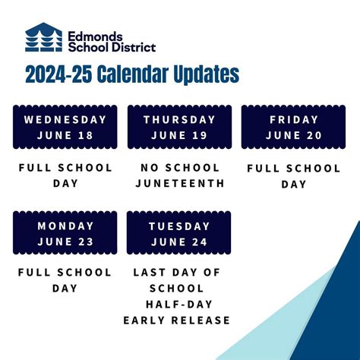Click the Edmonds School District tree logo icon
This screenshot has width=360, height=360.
(44, 37)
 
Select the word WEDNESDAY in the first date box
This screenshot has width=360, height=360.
(65, 120)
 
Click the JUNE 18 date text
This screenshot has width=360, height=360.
(65, 135)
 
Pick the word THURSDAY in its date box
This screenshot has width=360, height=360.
(179, 120)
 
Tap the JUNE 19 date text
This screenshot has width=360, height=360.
(179, 135)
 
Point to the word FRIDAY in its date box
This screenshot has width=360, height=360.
(294, 120)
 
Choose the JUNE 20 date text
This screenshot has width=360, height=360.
(294, 135)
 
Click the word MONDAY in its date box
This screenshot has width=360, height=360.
(65, 226)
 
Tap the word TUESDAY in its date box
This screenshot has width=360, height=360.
(179, 226)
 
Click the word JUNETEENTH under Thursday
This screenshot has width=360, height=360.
(179, 183)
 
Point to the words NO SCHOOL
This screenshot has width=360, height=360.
(179, 168)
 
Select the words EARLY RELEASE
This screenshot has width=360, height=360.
(177, 320)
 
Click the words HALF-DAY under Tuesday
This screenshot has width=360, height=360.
(179, 304)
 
